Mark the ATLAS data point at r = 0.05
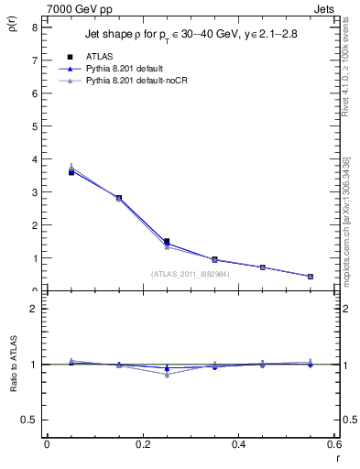tap(71, 172)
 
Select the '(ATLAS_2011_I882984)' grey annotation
tap(191, 274)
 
